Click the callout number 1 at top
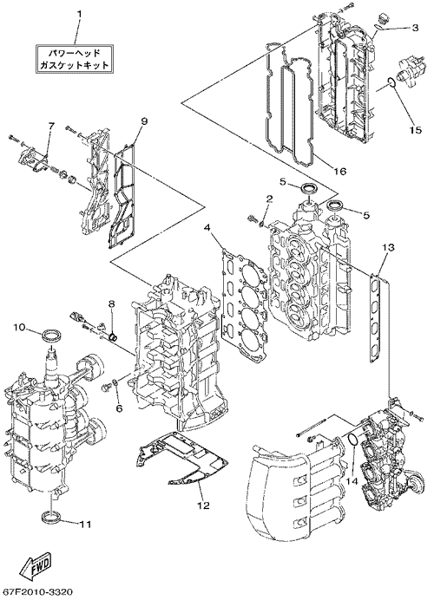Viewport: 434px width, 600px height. point(80,14)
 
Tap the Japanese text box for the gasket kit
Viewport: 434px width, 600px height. point(75,58)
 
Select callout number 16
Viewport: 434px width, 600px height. point(340,171)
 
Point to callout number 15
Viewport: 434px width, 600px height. point(415,130)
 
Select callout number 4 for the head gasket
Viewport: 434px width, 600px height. point(207,228)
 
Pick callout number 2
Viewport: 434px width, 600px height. point(270,198)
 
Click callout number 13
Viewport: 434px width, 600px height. point(388,247)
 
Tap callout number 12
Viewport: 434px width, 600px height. point(204,505)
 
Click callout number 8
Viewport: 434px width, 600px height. point(111,303)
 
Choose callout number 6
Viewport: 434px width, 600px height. point(119,409)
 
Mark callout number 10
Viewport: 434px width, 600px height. point(20,327)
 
